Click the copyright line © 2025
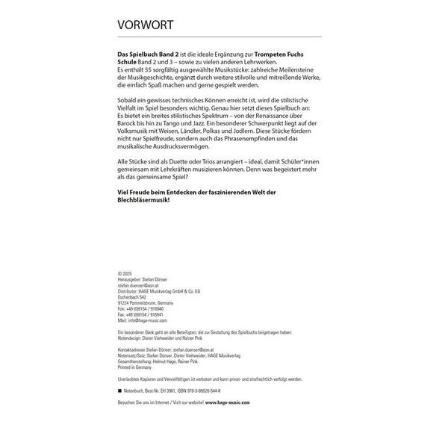[125, 274]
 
